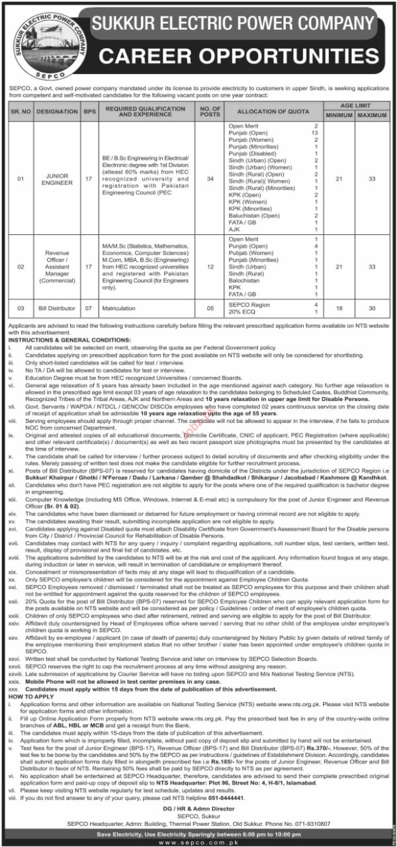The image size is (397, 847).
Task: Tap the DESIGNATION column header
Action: [58, 112]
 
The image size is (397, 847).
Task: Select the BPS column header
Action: [89, 112]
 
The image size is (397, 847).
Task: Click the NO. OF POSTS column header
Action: [210, 112]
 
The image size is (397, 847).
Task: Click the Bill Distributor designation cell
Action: [58, 308]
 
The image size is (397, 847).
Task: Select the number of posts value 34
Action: [210, 178]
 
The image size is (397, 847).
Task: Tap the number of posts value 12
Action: [210, 266]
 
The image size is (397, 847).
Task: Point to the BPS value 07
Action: [89, 308]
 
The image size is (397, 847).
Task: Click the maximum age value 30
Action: [372, 308]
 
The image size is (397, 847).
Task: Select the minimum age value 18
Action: [339, 308]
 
